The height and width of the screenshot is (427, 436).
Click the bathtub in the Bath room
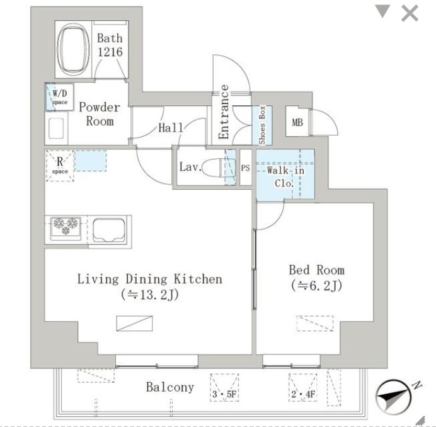pyautogui.click(x=73, y=50)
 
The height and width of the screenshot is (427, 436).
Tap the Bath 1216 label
pyautogui.click(x=110, y=45)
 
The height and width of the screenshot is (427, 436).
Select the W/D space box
pyautogui.click(x=59, y=97)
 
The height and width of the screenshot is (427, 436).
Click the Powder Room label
pyautogui.click(x=100, y=114)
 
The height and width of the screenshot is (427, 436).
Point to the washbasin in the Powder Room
pyautogui.click(x=56, y=128)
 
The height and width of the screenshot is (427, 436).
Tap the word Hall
pyautogui.click(x=171, y=128)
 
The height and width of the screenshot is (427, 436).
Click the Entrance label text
pyautogui.click(x=223, y=112)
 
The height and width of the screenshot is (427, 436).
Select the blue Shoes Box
pyautogui.click(x=262, y=126)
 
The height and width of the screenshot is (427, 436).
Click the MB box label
pyautogui.click(x=297, y=122)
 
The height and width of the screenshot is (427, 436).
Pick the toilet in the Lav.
pyautogui.click(x=219, y=168)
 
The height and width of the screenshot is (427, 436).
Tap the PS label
pyautogui.click(x=245, y=168)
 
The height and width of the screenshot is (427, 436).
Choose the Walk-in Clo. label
pyautogui.click(x=285, y=177)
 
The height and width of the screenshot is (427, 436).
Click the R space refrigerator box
pyautogui.click(x=60, y=166)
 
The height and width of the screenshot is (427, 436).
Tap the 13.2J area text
pyautogui.click(x=150, y=295)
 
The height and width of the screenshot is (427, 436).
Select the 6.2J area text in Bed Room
pyautogui.click(x=316, y=286)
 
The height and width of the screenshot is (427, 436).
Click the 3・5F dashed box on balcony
pyautogui.click(x=224, y=387)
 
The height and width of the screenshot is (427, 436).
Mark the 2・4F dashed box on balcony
pyautogui.click(x=303, y=387)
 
